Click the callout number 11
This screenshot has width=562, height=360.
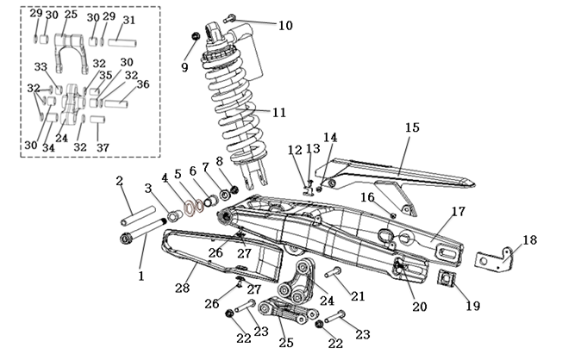pos(278,113)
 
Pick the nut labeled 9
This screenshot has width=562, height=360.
pos(196,36)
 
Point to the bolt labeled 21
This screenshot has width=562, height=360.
pos(336,272)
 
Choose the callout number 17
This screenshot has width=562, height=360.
pos(458,211)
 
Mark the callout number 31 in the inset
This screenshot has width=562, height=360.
pos(128,19)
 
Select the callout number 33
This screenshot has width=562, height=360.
pos(41,67)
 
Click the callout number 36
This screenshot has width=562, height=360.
pos(142,84)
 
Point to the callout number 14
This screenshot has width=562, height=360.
pos(330,136)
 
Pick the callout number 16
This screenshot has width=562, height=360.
pos(367,197)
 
